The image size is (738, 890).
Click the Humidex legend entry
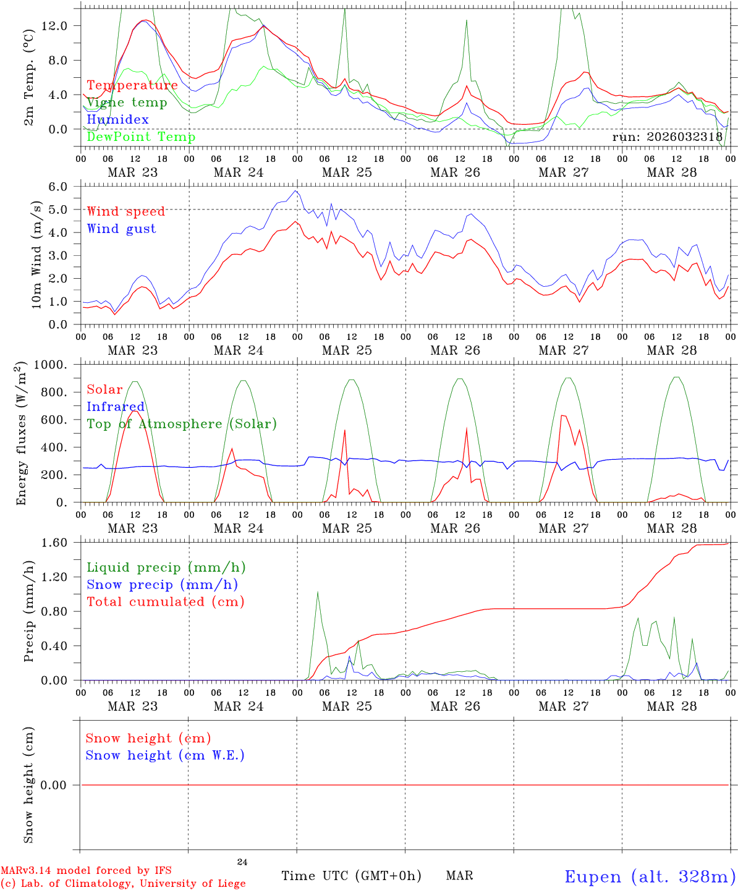[x=117, y=120]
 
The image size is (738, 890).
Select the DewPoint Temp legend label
[x=141, y=137]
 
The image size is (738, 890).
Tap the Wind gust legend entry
[x=121, y=229]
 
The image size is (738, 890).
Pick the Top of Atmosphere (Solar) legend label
[x=181, y=424]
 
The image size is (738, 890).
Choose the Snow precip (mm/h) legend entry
[x=162, y=585]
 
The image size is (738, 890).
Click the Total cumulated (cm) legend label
[x=165, y=602]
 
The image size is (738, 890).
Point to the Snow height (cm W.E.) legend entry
[x=164, y=755]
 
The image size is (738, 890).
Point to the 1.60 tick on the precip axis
[x=61, y=543]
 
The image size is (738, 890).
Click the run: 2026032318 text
[x=667, y=137]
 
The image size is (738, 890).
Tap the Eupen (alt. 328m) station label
[x=650, y=876]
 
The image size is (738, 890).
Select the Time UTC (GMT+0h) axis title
[x=351, y=876]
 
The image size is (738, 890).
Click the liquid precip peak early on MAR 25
[x=318, y=592]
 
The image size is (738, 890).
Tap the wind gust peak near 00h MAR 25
[x=297, y=191]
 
